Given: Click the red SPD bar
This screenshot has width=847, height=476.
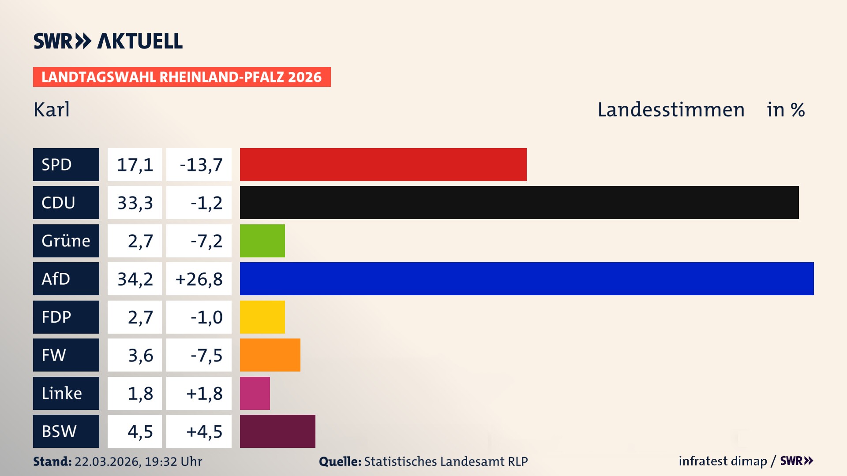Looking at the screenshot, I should pyautogui.click(x=383, y=164).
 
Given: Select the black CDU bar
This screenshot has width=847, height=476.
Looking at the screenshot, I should pyautogui.click(x=519, y=203).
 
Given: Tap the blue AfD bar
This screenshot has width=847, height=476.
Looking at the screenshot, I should pyautogui.click(x=526, y=279).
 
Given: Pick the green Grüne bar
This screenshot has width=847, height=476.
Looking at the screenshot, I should pyautogui.click(x=262, y=241).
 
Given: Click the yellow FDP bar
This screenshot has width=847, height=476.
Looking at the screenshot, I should pyautogui.click(x=262, y=317).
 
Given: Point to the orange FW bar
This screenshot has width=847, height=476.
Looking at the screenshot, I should pyautogui.click(x=270, y=355).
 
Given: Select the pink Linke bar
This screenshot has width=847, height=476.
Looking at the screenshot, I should pyautogui.click(x=255, y=393).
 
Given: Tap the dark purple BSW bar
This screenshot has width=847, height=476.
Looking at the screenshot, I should pyautogui.click(x=277, y=431).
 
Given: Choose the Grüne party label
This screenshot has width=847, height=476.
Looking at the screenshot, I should pyautogui.click(x=66, y=241).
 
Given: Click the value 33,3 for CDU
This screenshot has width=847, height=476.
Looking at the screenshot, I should pyautogui.click(x=135, y=203).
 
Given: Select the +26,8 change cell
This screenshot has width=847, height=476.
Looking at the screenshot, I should pyautogui.click(x=199, y=279).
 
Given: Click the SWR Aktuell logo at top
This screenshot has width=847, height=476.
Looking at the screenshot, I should pyautogui.click(x=108, y=41).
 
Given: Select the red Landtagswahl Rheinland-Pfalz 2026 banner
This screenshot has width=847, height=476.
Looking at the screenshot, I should pyautogui.click(x=181, y=77).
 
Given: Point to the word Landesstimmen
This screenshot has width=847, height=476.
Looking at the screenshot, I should pyautogui.click(x=671, y=110).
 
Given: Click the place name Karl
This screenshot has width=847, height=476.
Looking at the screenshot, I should pyautogui.click(x=52, y=110).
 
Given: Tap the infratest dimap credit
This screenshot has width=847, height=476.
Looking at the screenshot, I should pyautogui.click(x=722, y=461).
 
